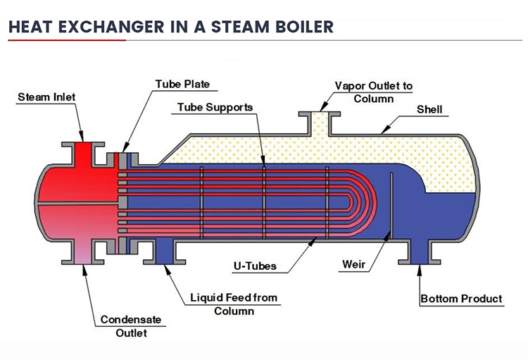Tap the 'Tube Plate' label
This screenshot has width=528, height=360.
click(x=182, y=85)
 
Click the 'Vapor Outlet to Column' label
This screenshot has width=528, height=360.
click(x=373, y=92)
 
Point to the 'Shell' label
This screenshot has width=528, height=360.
click(x=430, y=109)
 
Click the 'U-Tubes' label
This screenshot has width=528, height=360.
click(x=254, y=266)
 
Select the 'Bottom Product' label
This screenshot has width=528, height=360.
click(x=461, y=299)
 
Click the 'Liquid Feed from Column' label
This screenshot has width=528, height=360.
click(x=234, y=304)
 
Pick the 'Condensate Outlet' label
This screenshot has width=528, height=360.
click(x=131, y=325)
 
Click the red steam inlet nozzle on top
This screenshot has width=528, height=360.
click(x=83, y=154)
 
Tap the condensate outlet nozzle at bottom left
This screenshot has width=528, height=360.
click(x=83, y=252)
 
